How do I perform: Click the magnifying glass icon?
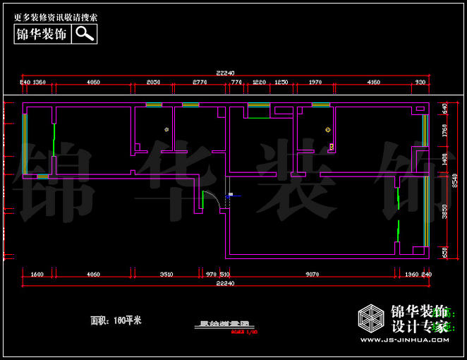[x=84, y=33]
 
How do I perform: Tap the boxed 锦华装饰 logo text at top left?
[x=42, y=33]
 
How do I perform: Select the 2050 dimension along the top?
[x=153, y=83]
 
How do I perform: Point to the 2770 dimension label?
[x=200, y=83]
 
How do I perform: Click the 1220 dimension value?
[x=259, y=83]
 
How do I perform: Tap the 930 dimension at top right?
[x=420, y=83]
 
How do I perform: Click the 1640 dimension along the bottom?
[x=37, y=274]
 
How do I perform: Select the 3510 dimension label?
[x=166, y=274]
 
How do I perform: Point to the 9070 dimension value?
[x=312, y=274]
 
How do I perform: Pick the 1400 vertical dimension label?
[x=444, y=158]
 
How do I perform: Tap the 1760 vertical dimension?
[x=444, y=131]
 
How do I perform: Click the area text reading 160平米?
[x=116, y=320]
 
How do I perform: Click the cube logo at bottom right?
[x=371, y=320]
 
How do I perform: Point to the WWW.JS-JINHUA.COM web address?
[x=403, y=340]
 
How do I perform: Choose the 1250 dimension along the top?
[x=281, y=83]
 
